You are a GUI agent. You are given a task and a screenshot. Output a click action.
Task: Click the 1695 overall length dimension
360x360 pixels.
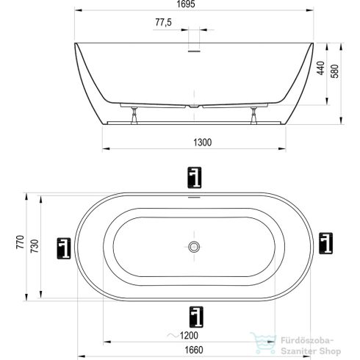pyautogui.click(x=186, y=4)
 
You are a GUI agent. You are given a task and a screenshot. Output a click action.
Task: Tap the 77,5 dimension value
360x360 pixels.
pyautogui.click(x=163, y=22)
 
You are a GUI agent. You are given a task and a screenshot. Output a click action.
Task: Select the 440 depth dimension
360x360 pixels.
pyautogui.click(x=320, y=68)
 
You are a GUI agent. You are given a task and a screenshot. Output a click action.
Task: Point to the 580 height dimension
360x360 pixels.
pyautogui.click(x=335, y=71)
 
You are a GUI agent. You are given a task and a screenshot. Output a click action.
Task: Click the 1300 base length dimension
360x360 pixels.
pyautogui.click(x=203, y=143)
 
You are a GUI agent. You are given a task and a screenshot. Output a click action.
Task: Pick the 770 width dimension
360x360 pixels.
pyautogui.click(x=21, y=242)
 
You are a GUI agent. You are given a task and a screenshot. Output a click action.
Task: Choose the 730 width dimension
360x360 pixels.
pyautogui.click(x=35, y=246)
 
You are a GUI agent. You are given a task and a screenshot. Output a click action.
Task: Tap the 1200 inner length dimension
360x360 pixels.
pyautogui.click(x=189, y=335)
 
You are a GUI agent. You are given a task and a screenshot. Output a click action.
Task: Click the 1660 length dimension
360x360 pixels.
pyautogui.click(x=194, y=350)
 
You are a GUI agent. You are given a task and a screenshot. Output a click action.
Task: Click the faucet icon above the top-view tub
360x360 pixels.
pyautogui.click(x=195, y=178)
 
